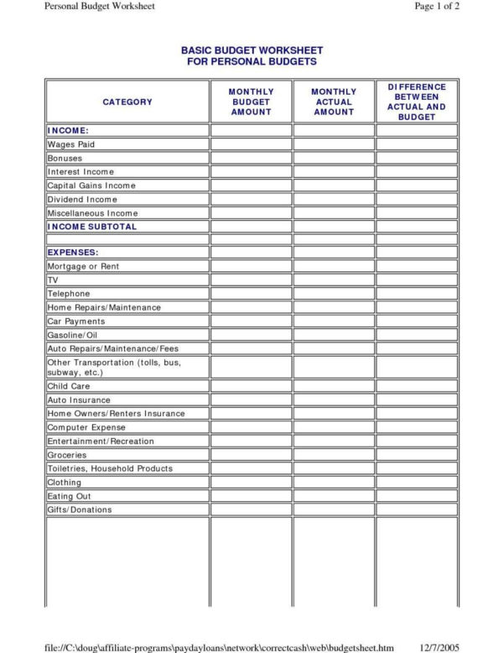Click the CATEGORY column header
coord(127,102)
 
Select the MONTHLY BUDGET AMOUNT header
coord(251,102)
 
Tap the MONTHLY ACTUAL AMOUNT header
coord(334,102)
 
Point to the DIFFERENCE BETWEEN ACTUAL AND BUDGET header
coord(417,102)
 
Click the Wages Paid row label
coord(71,144)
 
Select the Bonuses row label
coord(65,158)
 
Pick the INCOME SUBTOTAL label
coord(91,227)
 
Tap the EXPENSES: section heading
coord(73,252)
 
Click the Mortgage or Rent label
coord(83,266)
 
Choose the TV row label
coord(53,279)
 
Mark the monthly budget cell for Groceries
coord(251,455)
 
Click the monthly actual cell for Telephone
coord(334,294)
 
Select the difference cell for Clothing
coord(417,483)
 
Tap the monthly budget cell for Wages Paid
coord(251,144)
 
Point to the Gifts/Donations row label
coord(80,509)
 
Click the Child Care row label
coord(69,386)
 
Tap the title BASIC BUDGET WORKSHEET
coord(252,51)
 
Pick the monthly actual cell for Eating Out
coord(334,496)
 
